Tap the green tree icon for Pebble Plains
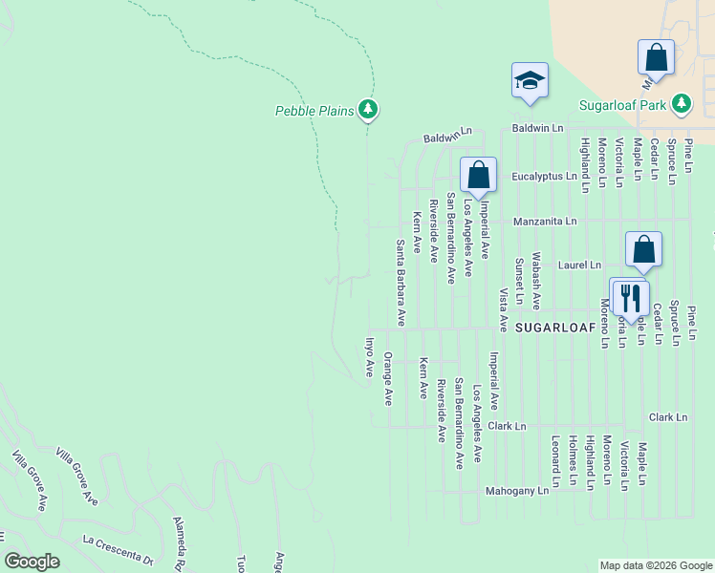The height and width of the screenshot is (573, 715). click(368, 110)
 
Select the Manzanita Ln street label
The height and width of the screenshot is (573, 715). click(545, 222)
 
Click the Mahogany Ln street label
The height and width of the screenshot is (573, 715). click(517, 490)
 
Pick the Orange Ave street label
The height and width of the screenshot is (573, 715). click(388, 378)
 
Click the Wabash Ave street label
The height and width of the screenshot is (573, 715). click(537, 281)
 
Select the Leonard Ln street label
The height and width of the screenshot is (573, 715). click(555, 457)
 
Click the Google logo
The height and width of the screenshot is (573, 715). click(32, 562)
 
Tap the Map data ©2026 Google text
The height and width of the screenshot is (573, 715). click(655, 565)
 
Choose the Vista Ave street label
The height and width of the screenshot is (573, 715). click(502, 309)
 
